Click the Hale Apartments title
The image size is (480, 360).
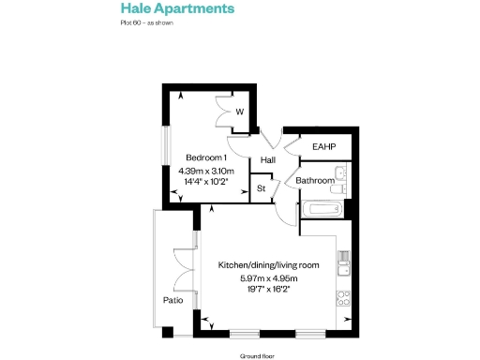pyautogui.click(x=177, y=8)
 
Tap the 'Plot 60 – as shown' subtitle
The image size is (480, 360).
pyautogui.click(x=147, y=22)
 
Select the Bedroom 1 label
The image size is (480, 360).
pyautogui.click(x=205, y=157)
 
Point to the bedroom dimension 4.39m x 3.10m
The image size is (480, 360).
pyautogui.click(x=205, y=172)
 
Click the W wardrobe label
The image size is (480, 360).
pyautogui.click(x=240, y=112)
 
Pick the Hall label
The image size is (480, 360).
pyautogui.click(x=268, y=160)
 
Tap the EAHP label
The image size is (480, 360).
pyautogui.click(x=323, y=147)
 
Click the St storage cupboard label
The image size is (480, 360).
pyautogui.click(x=262, y=188)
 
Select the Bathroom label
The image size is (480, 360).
pyautogui.click(x=315, y=180)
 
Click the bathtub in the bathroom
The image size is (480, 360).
pyautogui.click(x=322, y=209)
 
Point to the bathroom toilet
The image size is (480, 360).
pyautogui.click(x=341, y=188)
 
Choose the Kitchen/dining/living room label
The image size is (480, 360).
pyautogui.click(x=268, y=265)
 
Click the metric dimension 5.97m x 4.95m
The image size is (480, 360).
pyautogui.click(x=268, y=278)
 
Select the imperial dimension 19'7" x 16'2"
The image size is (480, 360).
pyautogui.click(x=268, y=291)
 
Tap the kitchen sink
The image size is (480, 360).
pyautogui.click(x=345, y=265)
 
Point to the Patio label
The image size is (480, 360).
pyautogui.click(x=172, y=301)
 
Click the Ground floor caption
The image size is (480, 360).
pyautogui.click(x=257, y=356)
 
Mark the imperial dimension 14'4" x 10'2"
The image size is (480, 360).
pyautogui.click(x=205, y=184)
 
